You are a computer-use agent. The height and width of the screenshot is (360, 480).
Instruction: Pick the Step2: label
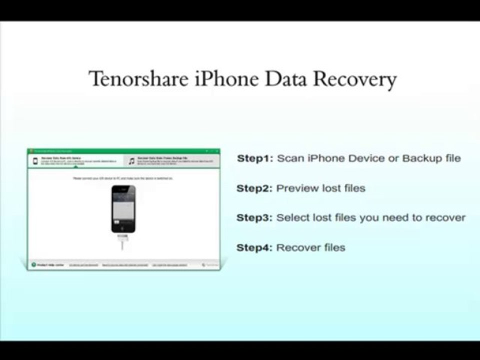(254, 188)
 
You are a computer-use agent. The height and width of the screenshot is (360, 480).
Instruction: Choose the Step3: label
(254, 218)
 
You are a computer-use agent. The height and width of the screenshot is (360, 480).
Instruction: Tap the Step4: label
(254, 247)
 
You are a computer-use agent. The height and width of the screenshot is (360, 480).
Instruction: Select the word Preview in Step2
(297, 188)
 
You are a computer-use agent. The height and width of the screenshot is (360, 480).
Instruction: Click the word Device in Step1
(366, 158)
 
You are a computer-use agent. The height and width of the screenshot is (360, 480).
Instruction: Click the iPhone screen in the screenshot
(123, 206)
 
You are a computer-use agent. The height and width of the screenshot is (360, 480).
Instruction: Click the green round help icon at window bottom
(33, 264)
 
